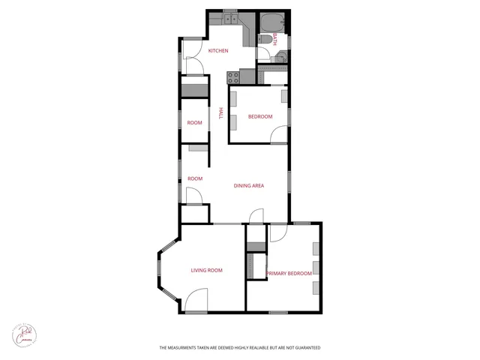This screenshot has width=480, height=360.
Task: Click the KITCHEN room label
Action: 218,51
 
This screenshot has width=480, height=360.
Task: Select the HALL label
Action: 220,113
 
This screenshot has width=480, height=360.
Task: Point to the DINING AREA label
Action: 249,185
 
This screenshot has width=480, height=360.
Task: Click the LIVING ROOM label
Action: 206,270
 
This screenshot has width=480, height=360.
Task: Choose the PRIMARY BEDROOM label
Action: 289,274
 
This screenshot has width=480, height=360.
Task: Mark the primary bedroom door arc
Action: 278,232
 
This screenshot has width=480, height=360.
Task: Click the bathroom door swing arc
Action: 263,54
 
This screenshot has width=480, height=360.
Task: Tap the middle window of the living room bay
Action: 160,272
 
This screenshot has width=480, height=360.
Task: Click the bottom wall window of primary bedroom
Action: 278,312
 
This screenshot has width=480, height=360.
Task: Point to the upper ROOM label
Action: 195,122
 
